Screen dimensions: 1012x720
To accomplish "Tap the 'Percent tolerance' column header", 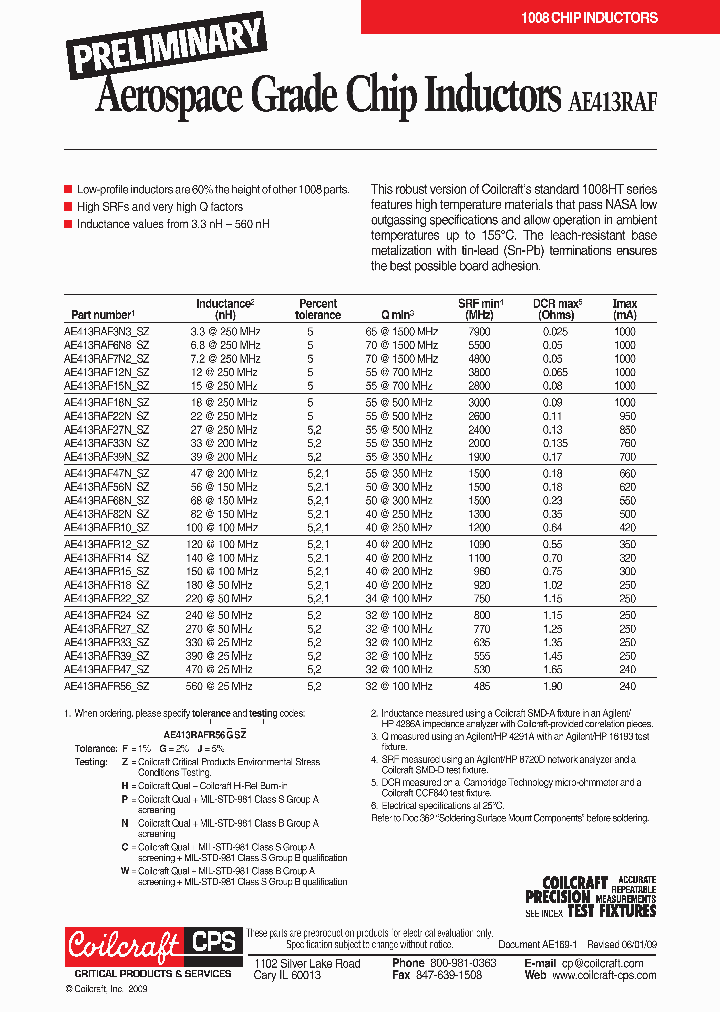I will [318, 309].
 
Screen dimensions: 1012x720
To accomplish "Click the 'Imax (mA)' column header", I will [624, 309].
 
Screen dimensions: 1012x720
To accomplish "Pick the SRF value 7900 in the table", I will [480, 331].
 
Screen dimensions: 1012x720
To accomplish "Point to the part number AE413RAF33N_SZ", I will [106, 442].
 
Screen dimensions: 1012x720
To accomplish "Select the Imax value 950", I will [625, 415].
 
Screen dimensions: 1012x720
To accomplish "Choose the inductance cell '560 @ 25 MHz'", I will [221, 687].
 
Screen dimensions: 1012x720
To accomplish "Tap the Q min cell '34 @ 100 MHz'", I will [399, 598].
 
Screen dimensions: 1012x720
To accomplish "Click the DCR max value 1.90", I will [552, 687].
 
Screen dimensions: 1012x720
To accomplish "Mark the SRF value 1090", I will [480, 544].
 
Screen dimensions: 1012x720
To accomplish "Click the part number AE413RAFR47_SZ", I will [106, 669].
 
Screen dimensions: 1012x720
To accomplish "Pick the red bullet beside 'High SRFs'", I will [68, 207].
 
